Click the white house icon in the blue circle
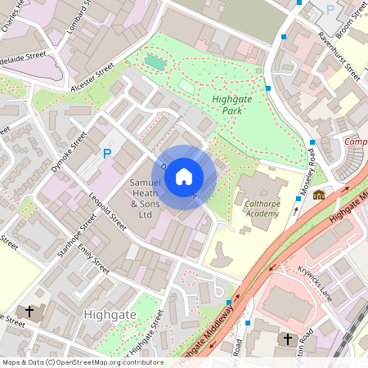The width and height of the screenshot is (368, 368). coord(184,176)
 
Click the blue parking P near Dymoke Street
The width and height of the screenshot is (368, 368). coord(106,154)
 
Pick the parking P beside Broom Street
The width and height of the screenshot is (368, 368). coord(330,9)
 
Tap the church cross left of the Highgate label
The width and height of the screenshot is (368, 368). coord(29,312)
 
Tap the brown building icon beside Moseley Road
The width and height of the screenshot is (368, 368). coord(319,195)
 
